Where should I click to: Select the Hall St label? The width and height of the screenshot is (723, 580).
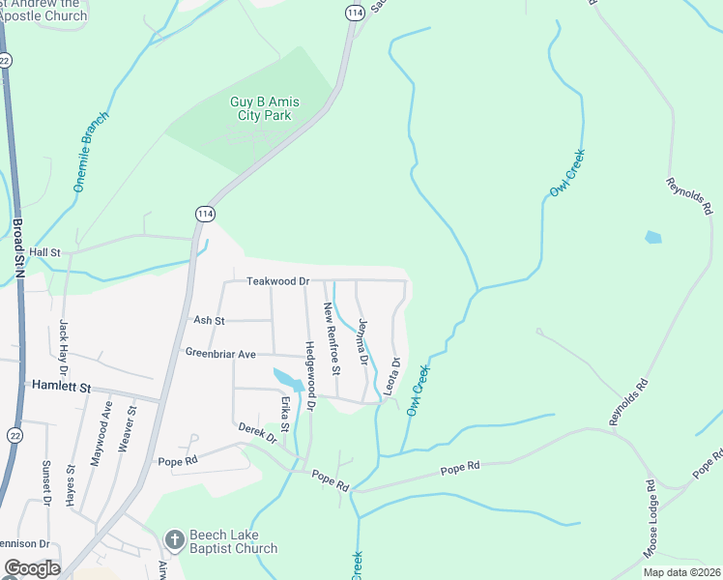[44, 252]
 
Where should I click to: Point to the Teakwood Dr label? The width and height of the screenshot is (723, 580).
[277, 280]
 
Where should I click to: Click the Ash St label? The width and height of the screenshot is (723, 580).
[209, 320]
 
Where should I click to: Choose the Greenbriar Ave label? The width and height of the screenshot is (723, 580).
[220, 355]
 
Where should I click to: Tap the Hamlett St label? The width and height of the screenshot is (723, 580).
[60, 387]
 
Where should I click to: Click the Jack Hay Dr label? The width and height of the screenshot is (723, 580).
[64, 348]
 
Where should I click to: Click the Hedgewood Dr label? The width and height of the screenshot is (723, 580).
[310, 377]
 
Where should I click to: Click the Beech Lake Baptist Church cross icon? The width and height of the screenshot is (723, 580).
[174, 539]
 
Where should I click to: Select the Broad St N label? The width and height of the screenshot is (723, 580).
[18, 247]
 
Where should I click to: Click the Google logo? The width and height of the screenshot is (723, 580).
[31, 568]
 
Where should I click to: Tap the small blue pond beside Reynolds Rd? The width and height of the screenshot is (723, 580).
[653, 237]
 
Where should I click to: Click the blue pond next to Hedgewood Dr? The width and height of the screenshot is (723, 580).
[288, 378]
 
